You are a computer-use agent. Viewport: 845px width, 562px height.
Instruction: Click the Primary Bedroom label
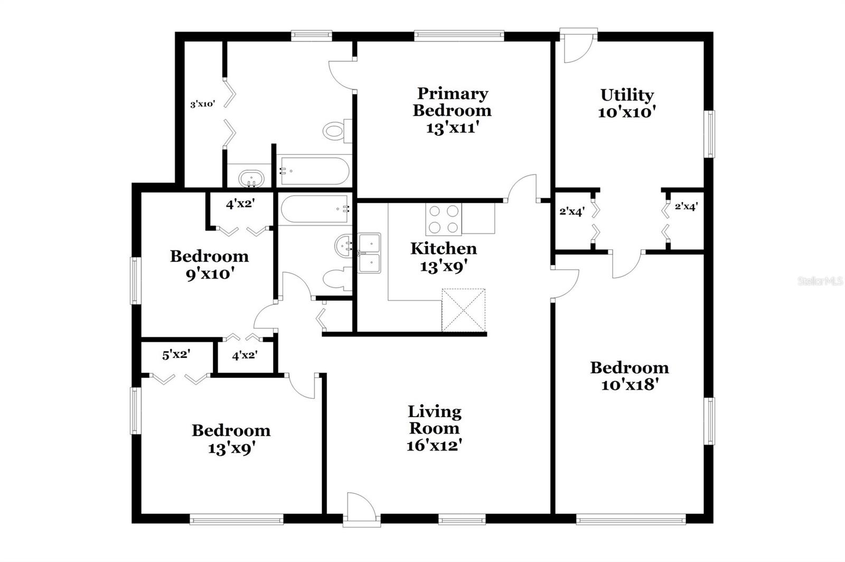(452, 110)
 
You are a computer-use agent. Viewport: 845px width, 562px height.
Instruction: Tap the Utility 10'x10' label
(627, 103)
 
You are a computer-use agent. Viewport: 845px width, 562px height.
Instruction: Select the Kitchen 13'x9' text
(444, 257)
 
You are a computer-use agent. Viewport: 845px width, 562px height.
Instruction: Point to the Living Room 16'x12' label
(435, 428)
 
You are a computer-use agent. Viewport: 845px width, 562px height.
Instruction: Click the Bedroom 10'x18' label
(630, 376)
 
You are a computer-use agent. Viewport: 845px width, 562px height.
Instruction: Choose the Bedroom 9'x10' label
(209, 264)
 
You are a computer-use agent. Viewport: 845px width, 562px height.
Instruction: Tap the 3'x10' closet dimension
(203, 104)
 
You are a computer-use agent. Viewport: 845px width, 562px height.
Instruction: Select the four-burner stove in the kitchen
(444, 219)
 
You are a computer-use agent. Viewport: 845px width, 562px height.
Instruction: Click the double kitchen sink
(369, 253)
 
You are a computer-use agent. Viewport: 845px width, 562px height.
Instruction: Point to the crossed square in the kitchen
(464, 310)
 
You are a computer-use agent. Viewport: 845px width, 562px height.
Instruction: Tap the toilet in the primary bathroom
(337, 131)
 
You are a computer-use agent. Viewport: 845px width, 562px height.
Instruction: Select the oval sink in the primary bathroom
(251, 178)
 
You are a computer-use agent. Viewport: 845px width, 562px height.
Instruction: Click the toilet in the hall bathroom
(337, 279)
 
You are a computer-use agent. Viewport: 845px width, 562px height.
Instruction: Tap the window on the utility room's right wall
(710, 134)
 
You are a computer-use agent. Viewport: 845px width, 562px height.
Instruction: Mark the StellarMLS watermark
(820, 281)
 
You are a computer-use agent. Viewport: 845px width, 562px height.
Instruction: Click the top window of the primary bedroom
(459, 36)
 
